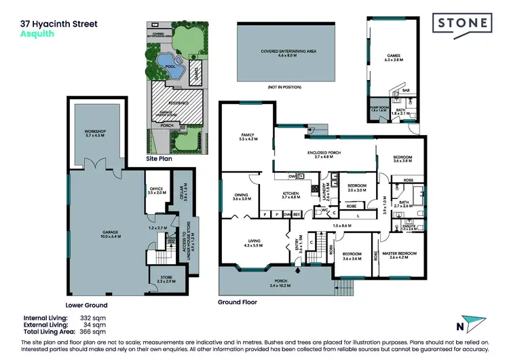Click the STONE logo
(463, 24)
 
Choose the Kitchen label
(290, 195)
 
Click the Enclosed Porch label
(327, 154)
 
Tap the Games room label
(394, 57)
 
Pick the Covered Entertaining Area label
(288, 52)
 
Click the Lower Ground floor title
(86, 305)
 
